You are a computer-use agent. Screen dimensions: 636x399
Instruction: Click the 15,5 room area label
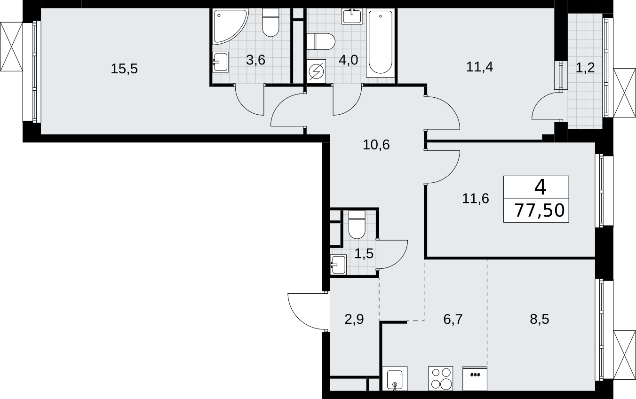pyautogui.click(x=124, y=69)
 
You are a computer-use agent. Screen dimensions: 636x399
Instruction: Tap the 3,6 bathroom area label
pyautogui.click(x=255, y=60)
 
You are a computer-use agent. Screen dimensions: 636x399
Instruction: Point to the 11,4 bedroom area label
pyautogui.click(x=479, y=68)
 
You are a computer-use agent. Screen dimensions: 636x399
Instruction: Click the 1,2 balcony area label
pyautogui.click(x=585, y=68)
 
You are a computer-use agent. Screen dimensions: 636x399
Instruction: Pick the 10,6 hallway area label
pyautogui.click(x=376, y=145)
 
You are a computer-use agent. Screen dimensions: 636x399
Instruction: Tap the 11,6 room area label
pyautogui.click(x=476, y=198)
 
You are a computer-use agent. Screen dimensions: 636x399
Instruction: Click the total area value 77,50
pyautogui.click(x=540, y=211)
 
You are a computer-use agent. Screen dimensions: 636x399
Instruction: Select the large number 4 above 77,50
pyautogui.click(x=541, y=188)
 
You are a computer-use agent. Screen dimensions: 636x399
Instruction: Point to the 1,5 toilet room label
pyautogui.click(x=364, y=253)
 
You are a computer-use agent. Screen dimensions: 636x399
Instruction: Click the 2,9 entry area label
pyautogui.click(x=354, y=320)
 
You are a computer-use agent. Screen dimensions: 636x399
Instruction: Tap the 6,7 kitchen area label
pyautogui.click(x=453, y=320)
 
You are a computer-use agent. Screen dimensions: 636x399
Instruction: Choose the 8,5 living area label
pyautogui.click(x=540, y=319)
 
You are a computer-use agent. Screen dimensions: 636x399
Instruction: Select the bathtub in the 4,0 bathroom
pyautogui.click(x=381, y=43)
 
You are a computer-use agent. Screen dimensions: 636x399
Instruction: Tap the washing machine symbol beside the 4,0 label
pyautogui.click(x=316, y=71)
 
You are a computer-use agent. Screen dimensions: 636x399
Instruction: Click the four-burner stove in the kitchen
pyautogui.click(x=441, y=379)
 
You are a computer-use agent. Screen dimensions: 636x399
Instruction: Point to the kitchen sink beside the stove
pyautogui.click(x=395, y=379)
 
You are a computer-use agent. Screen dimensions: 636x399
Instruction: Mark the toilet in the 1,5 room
pyautogui.click(x=357, y=224)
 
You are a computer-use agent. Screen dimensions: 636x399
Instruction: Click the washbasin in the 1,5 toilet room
pyautogui.click(x=338, y=265)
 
